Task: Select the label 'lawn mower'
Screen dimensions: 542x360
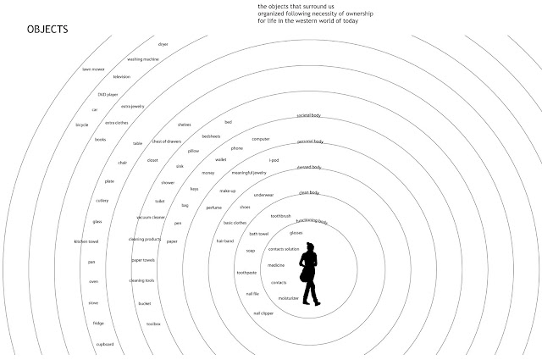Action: tap(92, 69)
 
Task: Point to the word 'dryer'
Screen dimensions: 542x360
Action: tap(163, 43)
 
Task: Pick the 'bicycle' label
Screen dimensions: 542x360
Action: tap(82, 125)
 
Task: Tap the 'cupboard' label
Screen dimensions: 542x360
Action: tap(105, 344)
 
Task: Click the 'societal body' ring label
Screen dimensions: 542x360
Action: tap(309, 114)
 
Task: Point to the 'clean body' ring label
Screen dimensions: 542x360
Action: tap(308, 194)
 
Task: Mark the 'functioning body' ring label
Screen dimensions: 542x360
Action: tap(311, 222)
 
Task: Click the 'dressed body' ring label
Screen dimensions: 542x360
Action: tap(307, 168)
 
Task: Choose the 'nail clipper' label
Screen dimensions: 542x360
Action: tap(263, 313)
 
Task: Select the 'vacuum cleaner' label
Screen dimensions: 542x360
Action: tap(150, 218)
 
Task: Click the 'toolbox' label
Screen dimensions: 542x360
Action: tap(153, 324)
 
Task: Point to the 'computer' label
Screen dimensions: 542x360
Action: tap(261, 138)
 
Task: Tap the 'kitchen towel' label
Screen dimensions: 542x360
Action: tap(87, 242)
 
